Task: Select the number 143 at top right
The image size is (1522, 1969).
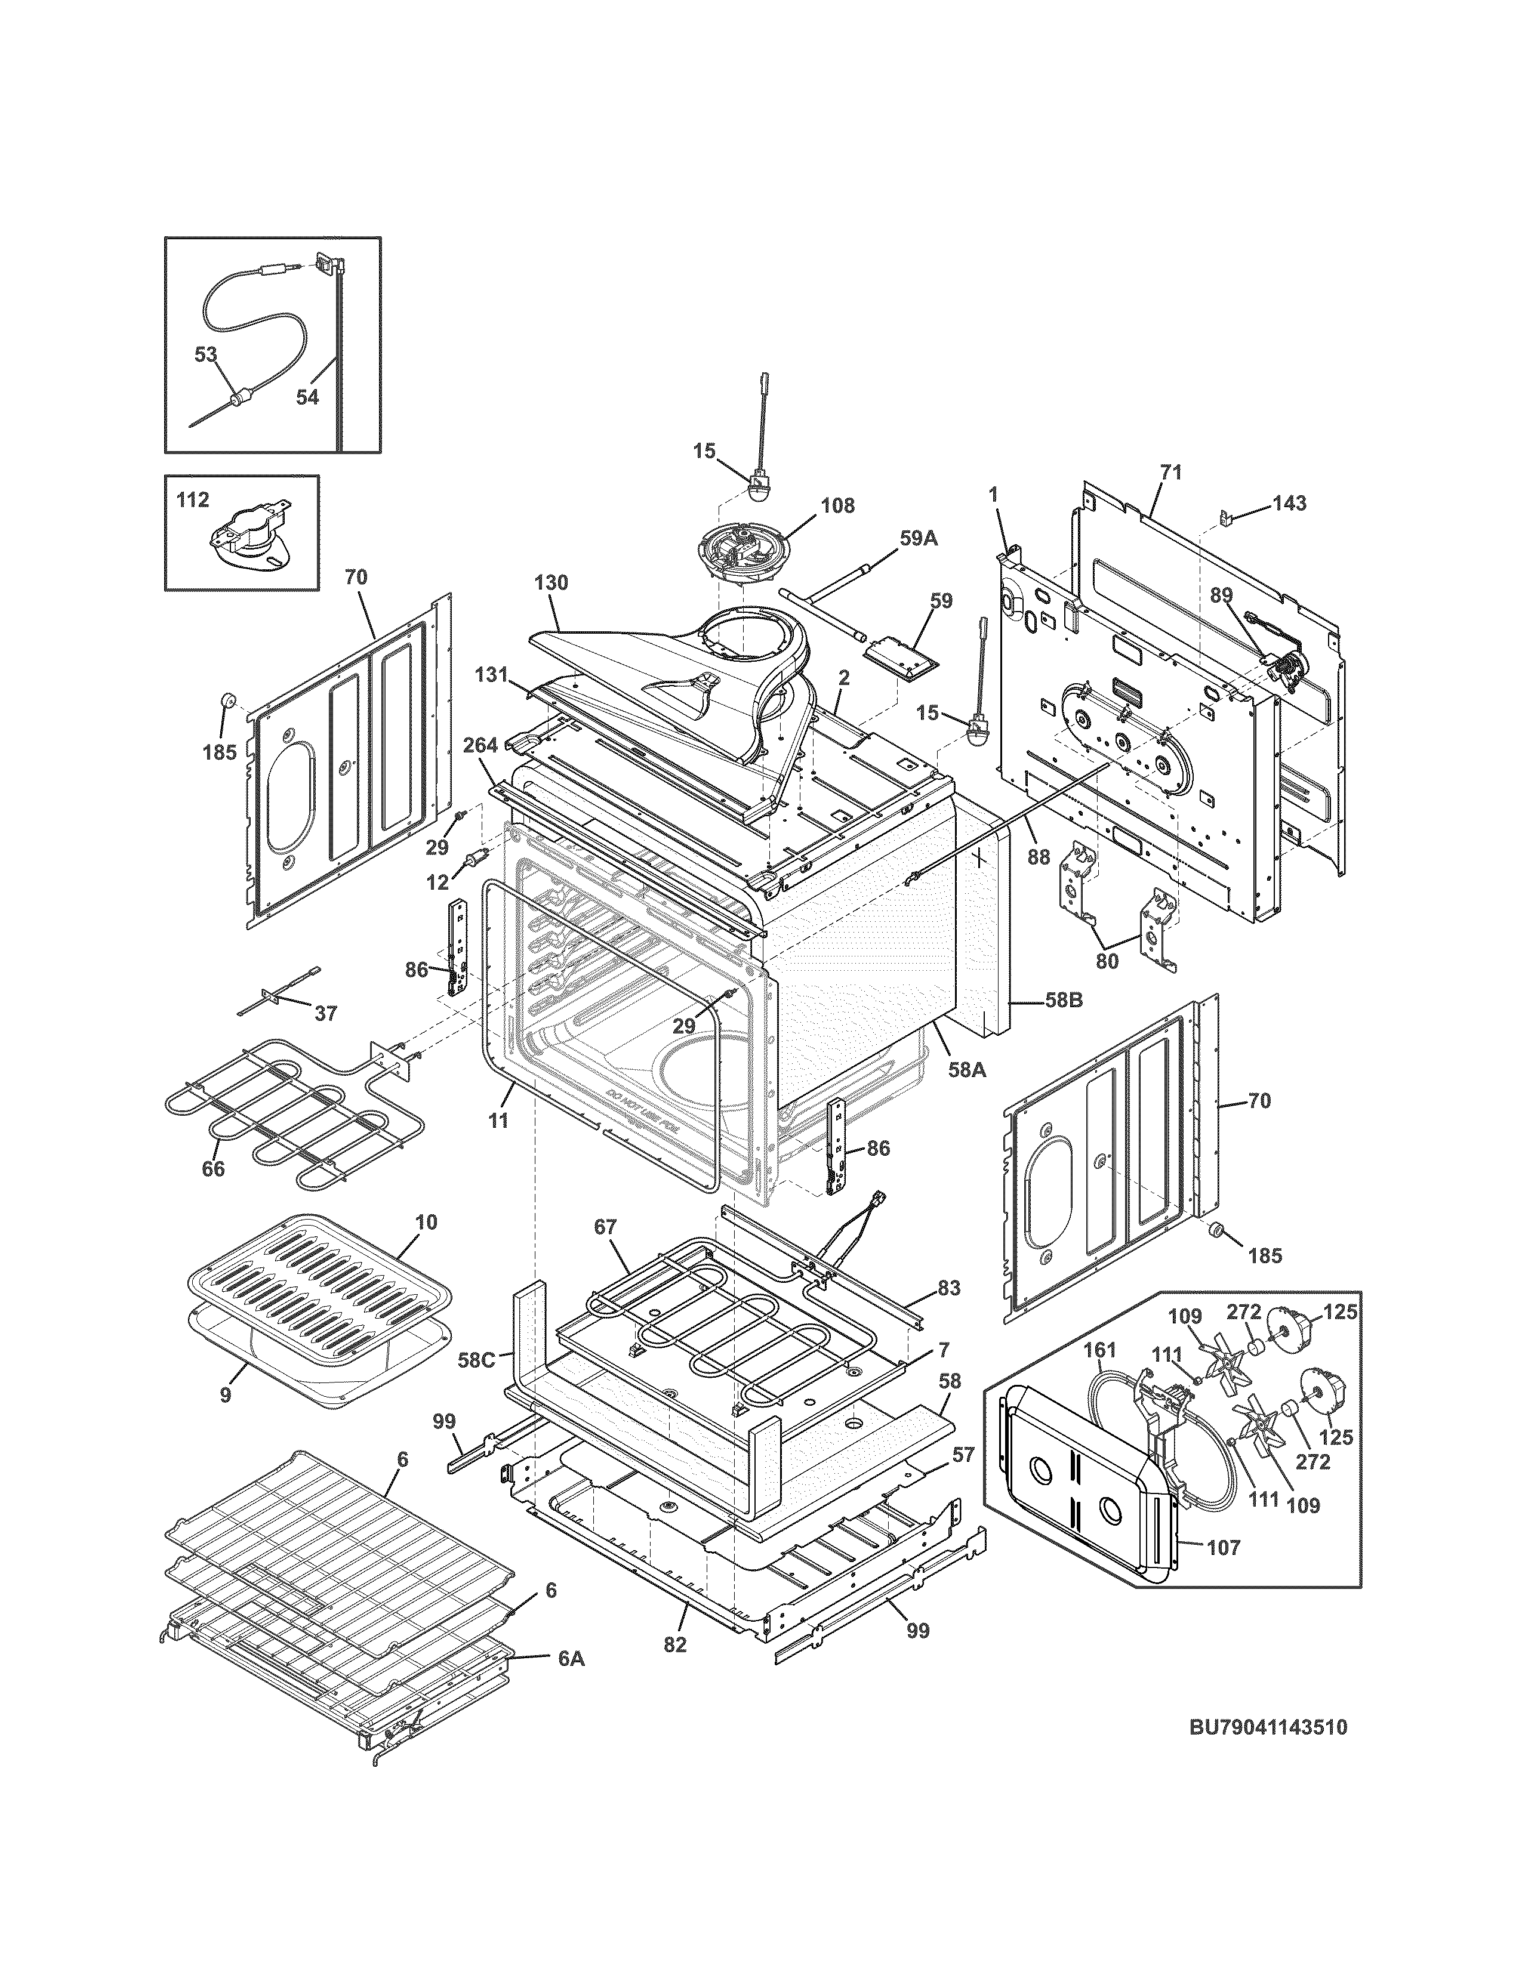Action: coord(1289,503)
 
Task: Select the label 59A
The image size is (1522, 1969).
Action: coord(918,538)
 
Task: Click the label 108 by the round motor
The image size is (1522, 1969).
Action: coord(837,505)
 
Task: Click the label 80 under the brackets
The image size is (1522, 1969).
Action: coord(1107,961)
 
